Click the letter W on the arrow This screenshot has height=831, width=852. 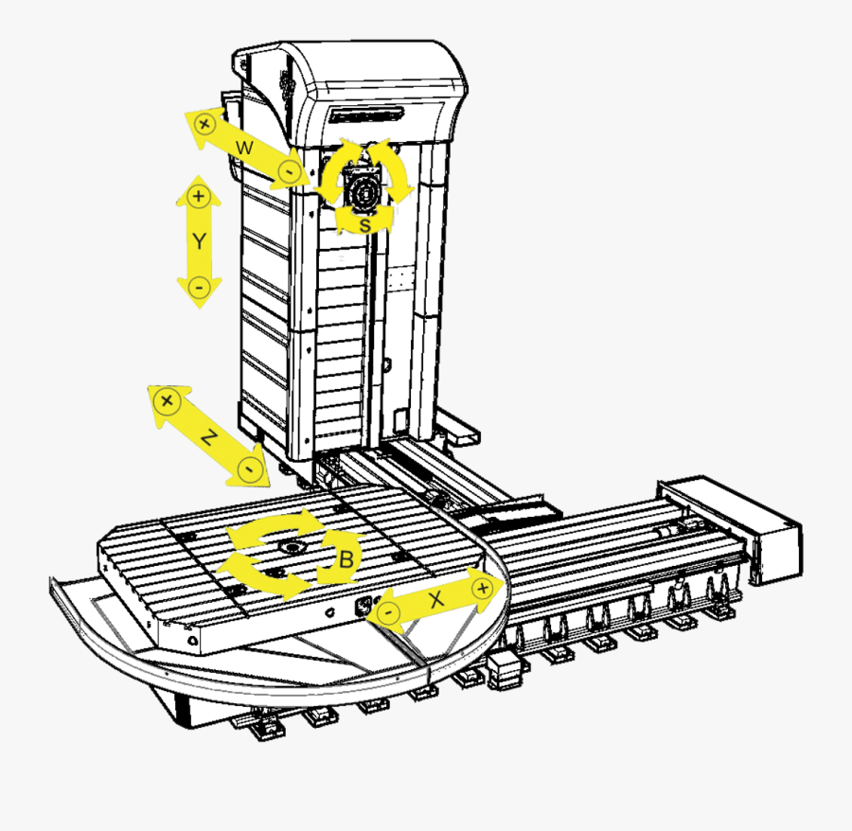tap(244, 149)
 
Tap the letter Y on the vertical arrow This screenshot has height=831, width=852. tap(199, 241)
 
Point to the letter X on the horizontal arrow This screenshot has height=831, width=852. tap(435, 599)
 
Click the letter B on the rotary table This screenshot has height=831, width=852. tap(346, 560)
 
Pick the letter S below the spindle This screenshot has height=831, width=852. tap(365, 225)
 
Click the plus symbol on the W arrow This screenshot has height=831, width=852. tap(204, 123)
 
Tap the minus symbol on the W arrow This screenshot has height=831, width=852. tap(289, 172)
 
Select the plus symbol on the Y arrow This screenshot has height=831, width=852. tap(198, 196)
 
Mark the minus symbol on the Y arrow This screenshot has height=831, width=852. tap(198, 287)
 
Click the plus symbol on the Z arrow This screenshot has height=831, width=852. tap(168, 401)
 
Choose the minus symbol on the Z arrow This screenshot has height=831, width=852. tap(250, 468)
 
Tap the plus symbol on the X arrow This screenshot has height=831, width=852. tap(484, 588)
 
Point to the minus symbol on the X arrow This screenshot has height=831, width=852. tap(387, 612)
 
